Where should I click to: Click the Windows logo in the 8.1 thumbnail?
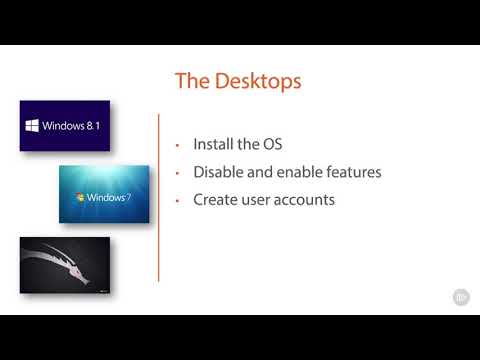click(32, 127)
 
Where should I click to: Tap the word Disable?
click(223, 172)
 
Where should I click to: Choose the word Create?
click(217, 200)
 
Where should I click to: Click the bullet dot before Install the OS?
click(177, 145)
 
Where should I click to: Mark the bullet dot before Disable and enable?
click(177, 173)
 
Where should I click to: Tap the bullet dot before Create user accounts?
click(177, 201)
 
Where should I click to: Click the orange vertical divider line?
click(159, 200)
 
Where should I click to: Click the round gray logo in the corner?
click(461, 296)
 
